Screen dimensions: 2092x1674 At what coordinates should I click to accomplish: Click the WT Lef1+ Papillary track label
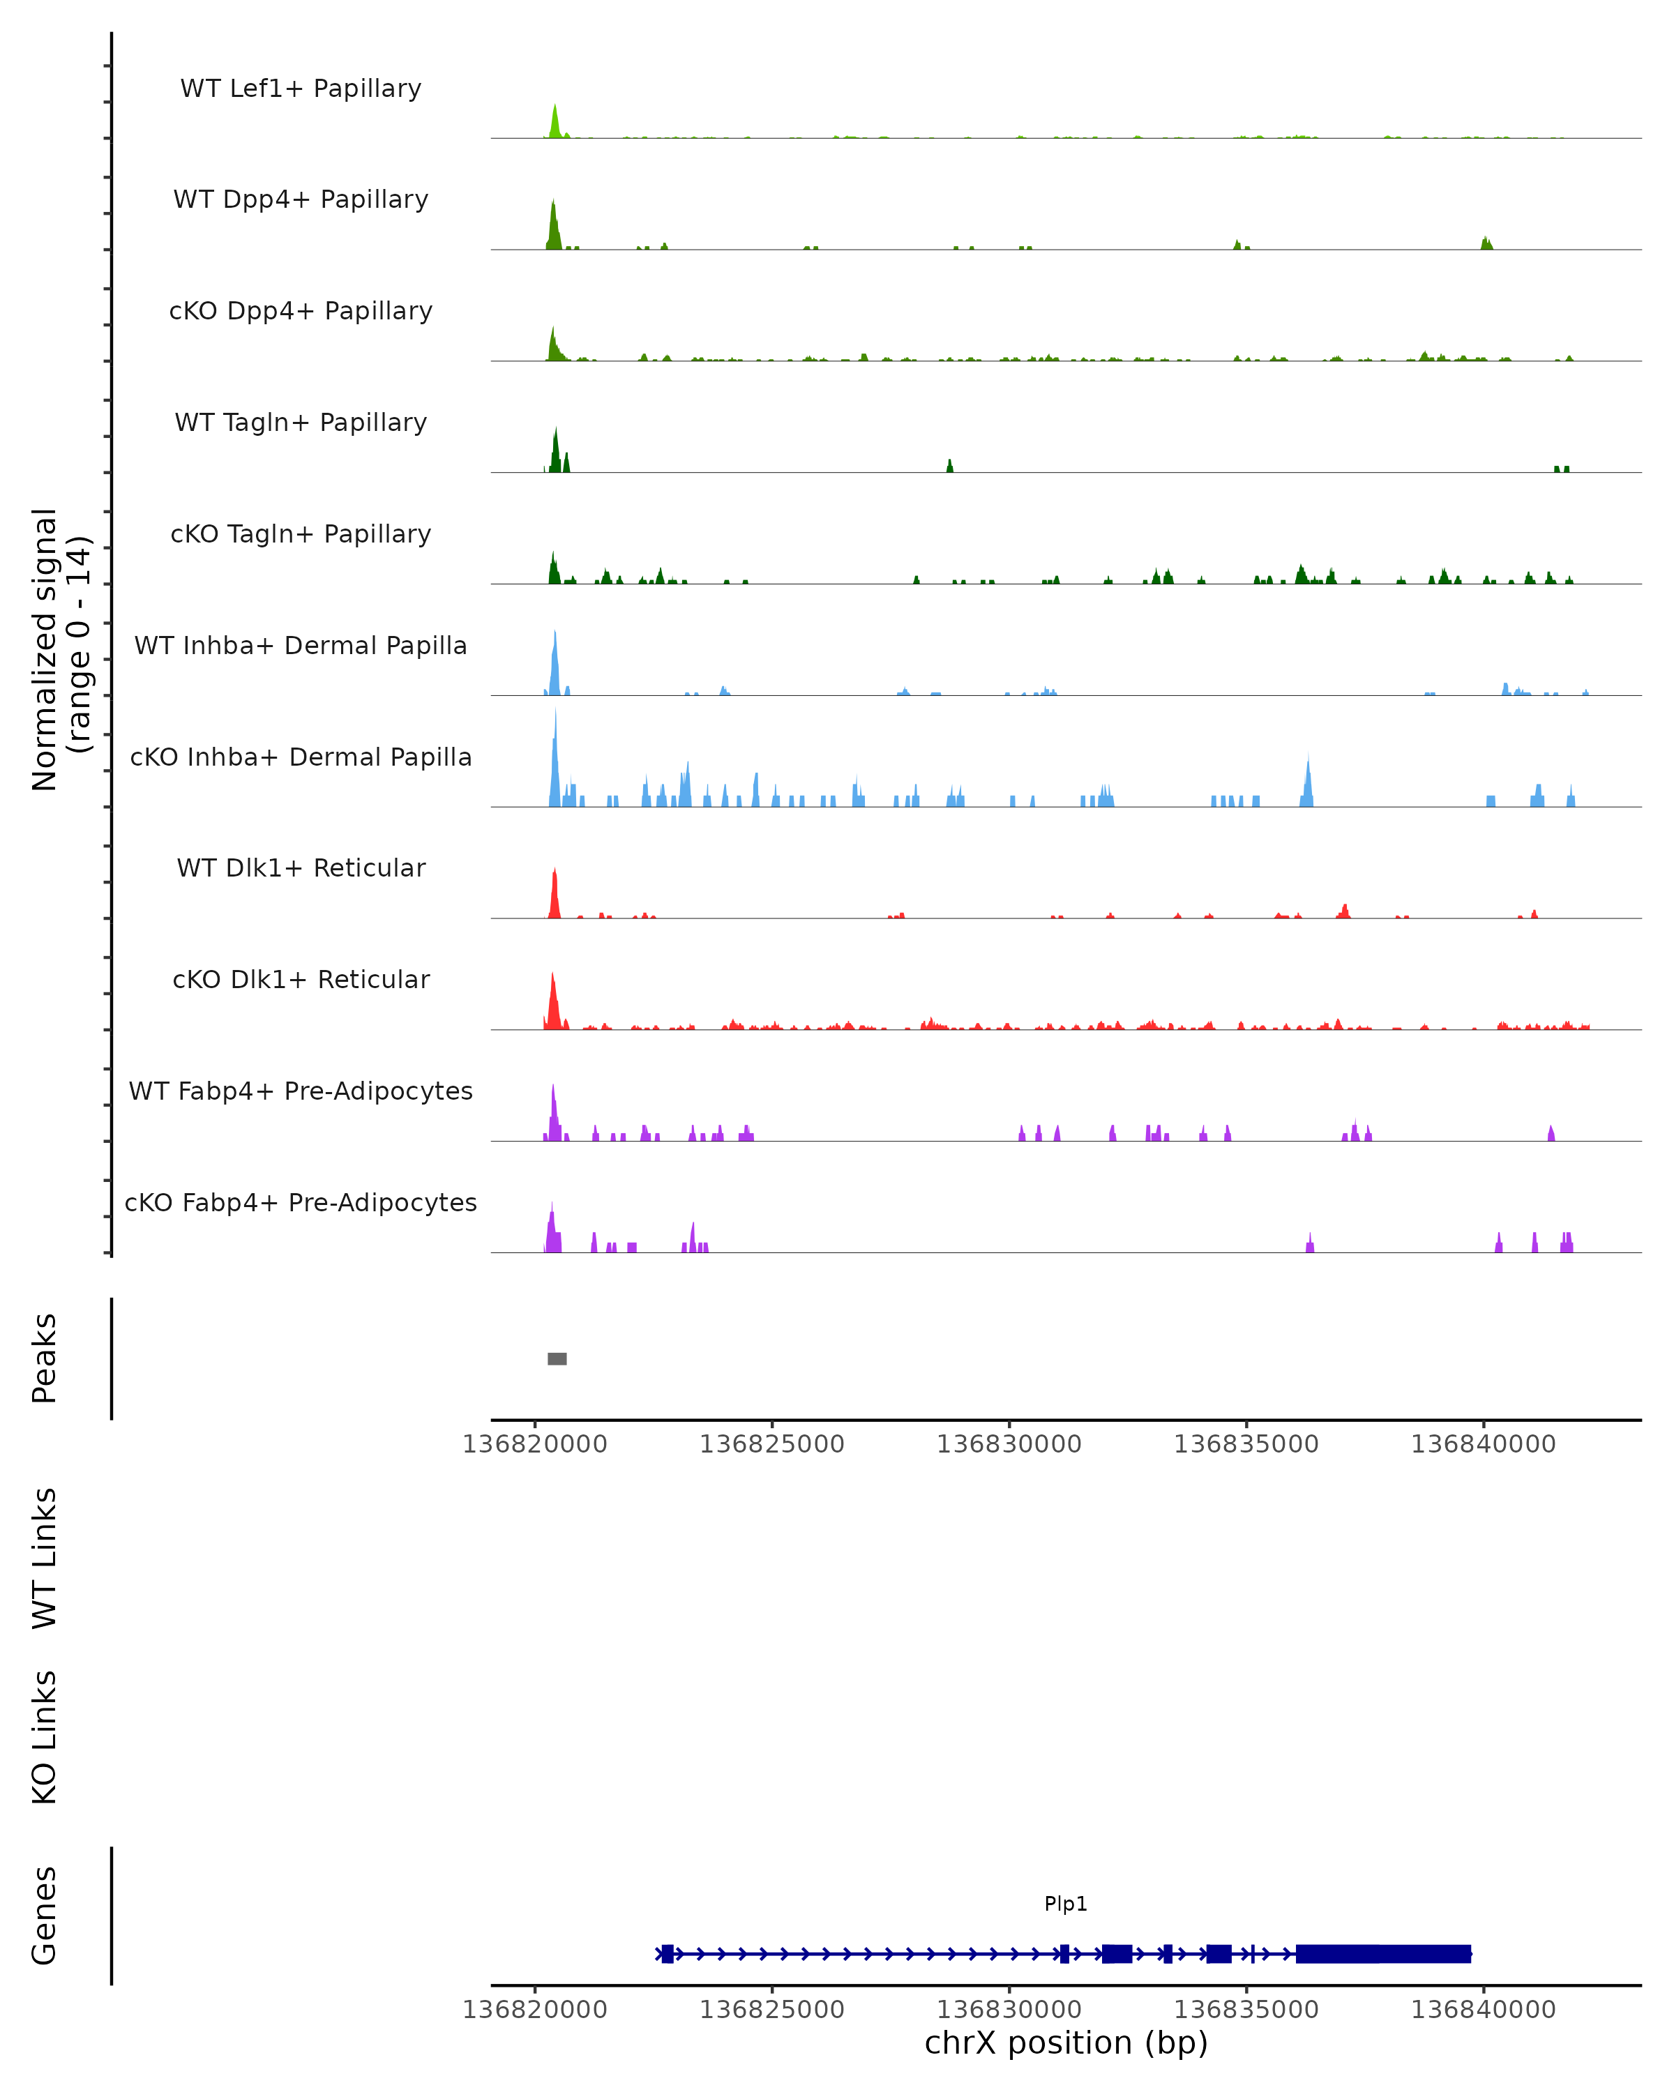301,89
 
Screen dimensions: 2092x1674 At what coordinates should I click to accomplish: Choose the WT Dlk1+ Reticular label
301,867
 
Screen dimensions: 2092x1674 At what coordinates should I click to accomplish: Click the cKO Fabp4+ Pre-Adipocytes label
301,1202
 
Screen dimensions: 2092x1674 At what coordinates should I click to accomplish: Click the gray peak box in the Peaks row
557,1358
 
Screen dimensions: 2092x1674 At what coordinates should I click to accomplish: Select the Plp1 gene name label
1066,1904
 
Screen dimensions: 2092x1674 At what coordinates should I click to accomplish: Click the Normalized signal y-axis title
60,649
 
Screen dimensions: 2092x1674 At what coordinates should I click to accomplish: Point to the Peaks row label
45,1358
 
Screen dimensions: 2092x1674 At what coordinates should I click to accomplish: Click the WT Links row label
45,1557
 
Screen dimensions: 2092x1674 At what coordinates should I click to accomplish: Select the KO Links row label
45,1737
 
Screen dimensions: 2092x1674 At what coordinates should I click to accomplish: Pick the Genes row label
45,1914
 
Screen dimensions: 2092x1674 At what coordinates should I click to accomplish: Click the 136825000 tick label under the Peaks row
771,1444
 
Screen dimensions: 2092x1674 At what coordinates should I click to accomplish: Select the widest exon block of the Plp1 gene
1383,1953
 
